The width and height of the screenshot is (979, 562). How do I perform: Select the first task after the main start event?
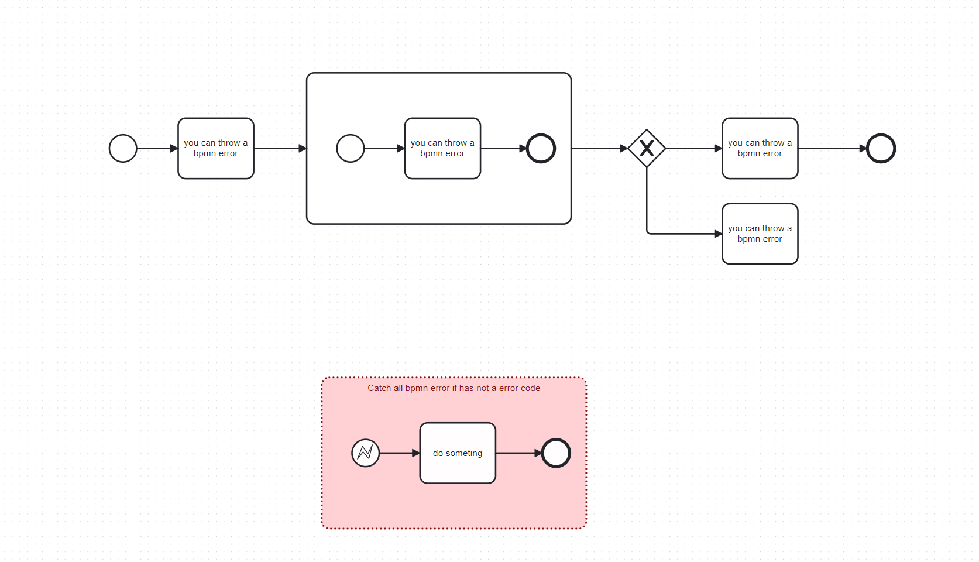click(216, 148)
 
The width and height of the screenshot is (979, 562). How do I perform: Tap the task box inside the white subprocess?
click(443, 148)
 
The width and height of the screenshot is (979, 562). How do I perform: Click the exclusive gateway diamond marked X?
click(647, 148)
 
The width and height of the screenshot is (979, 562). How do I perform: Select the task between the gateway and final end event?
click(760, 148)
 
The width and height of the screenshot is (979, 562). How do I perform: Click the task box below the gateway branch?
click(760, 234)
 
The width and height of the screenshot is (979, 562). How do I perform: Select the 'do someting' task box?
click(458, 453)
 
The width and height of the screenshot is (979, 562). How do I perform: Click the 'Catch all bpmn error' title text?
click(454, 388)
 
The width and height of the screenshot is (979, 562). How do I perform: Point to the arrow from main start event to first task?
click(157, 148)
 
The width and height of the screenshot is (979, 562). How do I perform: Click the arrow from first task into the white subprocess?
click(280, 148)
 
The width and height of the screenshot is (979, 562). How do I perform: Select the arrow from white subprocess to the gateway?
click(600, 148)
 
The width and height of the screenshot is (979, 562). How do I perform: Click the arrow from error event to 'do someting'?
click(400, 453)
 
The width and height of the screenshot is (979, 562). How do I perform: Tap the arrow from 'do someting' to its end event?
click(519, 453)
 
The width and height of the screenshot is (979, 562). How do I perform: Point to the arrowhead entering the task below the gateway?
click(718, 234)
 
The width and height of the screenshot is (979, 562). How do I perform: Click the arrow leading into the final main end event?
click(833, 148)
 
